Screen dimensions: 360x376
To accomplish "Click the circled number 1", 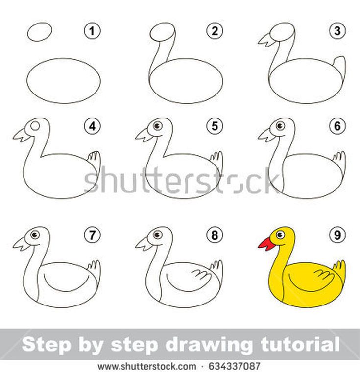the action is pos(93,31).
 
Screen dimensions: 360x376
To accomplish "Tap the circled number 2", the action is pos(215,31).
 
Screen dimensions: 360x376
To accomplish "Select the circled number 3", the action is pos(337,31).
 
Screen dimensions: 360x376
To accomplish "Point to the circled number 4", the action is pos(93,126).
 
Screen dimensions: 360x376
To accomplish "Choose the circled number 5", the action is pos(215,126).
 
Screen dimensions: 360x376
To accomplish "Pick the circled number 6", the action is pos(337,126).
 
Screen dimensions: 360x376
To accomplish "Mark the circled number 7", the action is pos(93,235).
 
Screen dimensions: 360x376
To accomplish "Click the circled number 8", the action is pos(215,235).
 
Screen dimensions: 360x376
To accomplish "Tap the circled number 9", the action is pos(337,235).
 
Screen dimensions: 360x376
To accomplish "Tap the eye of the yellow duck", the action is pos(280,235).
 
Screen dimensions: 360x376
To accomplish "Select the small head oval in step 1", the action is pos(40,32).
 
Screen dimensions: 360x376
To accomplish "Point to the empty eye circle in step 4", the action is pos(35,126).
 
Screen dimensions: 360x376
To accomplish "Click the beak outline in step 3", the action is pos(267,40).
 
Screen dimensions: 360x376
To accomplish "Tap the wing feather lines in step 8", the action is pos(201,274).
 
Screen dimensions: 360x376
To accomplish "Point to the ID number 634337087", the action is pos(234,366).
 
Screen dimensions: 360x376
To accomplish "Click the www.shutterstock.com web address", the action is pos(147,367).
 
